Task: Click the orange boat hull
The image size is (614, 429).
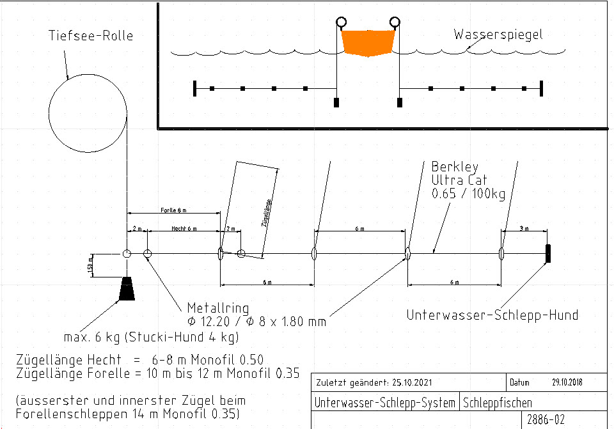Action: point(368,42)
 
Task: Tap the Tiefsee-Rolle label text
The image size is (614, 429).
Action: point(91,35)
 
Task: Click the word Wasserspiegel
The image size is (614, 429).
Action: point(498,35)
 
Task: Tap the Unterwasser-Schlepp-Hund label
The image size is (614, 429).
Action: point(492,315)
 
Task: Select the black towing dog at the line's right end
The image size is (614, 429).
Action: point(548,254)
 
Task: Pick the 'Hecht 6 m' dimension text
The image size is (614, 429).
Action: point(184,228)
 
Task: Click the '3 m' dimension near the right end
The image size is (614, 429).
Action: point(524,228)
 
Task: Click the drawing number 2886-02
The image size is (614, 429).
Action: point(546,419)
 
